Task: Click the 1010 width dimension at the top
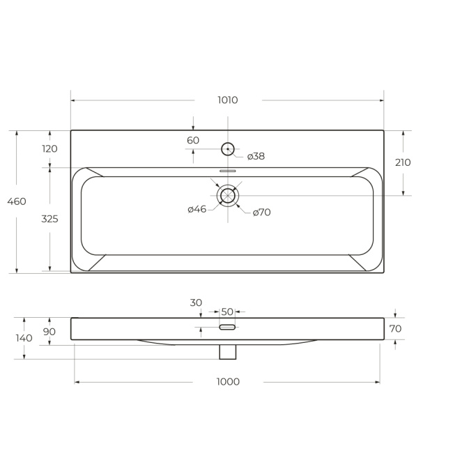(227, 100)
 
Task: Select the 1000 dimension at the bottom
(228, 382)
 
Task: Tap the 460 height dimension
(17, 201)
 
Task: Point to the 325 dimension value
(49, 219)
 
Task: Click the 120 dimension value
(49, 148)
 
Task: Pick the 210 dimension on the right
(403, 162)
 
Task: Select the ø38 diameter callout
(256, 156)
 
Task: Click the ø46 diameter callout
(197, 209)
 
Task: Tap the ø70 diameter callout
(261, 213)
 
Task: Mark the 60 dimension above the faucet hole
(193, 141)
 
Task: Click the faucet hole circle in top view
(228, 148)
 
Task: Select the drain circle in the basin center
(228, 196)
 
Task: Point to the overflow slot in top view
(228, 170)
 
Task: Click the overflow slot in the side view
(228, 326)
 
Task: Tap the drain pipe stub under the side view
(228, 352)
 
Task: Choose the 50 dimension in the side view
(227, 312)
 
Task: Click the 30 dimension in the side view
(196, 302)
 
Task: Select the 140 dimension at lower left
(24, 338)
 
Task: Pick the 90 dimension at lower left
(49, 332)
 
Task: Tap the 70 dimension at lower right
(395, 329)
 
